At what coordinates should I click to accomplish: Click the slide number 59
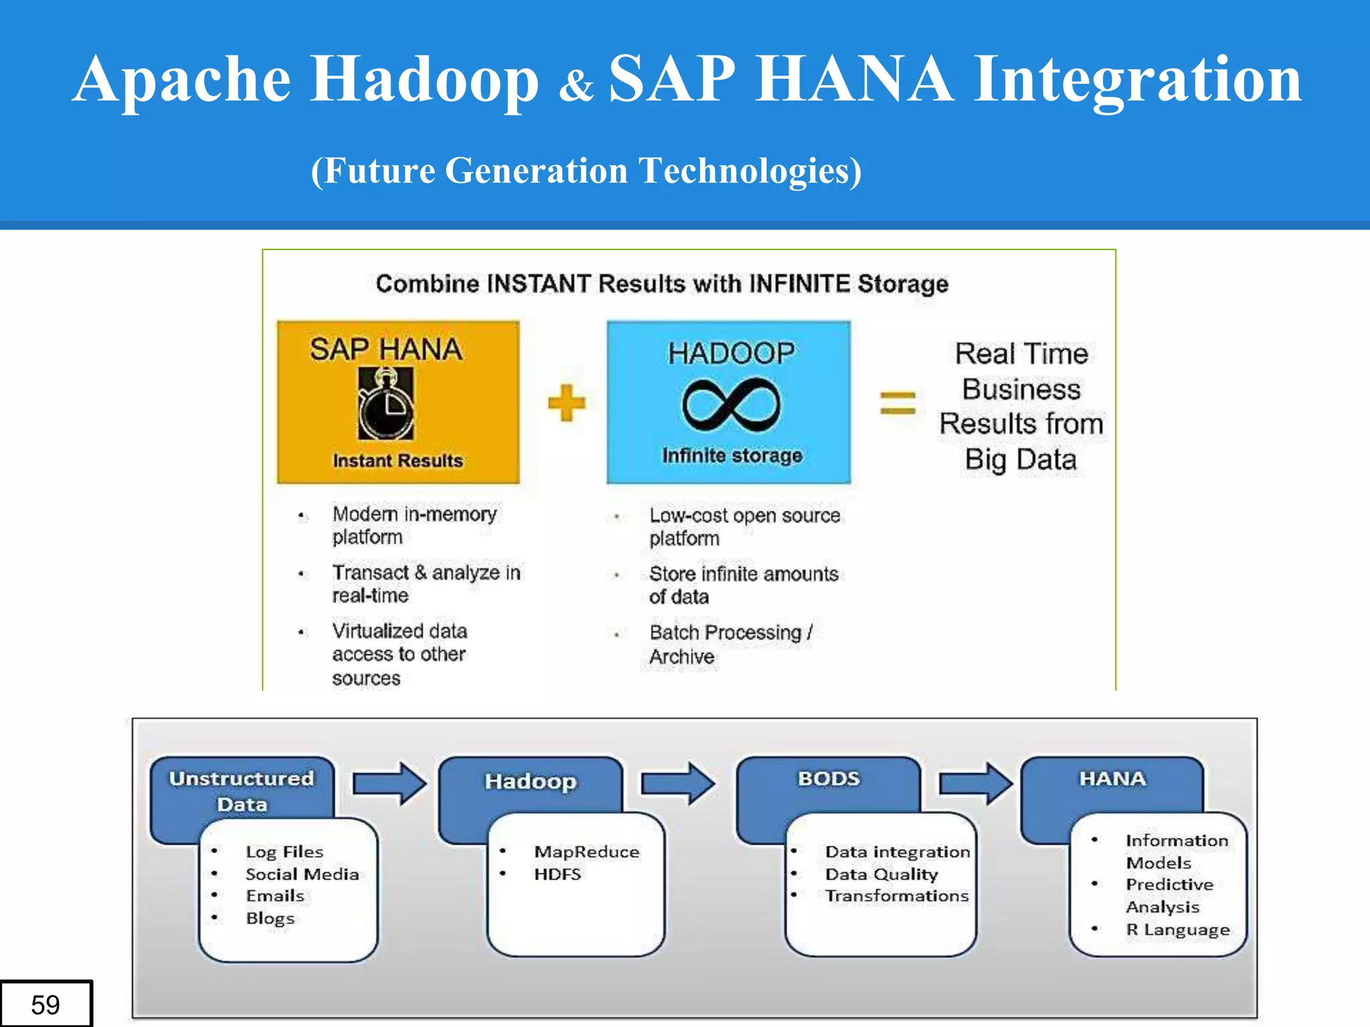pyautogui.click(x=45, y=1004)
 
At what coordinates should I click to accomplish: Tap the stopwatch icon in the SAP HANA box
pyautogui.click(x=386, y=405)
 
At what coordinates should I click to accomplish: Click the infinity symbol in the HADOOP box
pyautogui.click(x=731, y=405)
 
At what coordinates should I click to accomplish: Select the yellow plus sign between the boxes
pyautogui.click(x=566, y=403)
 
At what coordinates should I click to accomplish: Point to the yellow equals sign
pyautogui.click(x=897, y=403)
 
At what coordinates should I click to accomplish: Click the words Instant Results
pyautogui.click(x=398, y=461)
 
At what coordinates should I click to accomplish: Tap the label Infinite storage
pyautogui.click(x=732, y=455)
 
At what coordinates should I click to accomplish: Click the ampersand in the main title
pyautogui.click(x=575, y=86)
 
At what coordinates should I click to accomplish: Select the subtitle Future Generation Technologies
pyautogui.click(x=586, y=170)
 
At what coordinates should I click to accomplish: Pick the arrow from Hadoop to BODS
pyautogui.click(x=678, y=783)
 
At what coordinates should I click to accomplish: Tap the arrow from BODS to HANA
pyautogui.click(x=975, y=783)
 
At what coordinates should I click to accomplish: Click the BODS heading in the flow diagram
pyautogui.click(x=828, y=779)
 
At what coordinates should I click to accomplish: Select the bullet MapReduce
pyautogui.click(x=587, y=852)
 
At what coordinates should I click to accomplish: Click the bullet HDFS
pyautogui.click(x=557, y=874)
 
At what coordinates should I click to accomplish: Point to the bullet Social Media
pyautogui.click(x=302, y=874)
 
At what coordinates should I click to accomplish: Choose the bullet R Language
pyautogui.click(x=1177, y=929)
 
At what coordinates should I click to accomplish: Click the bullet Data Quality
pyautogui.click(x=881, y=874)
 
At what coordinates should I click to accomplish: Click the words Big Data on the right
pyautogui.click(x=1020, y=460)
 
